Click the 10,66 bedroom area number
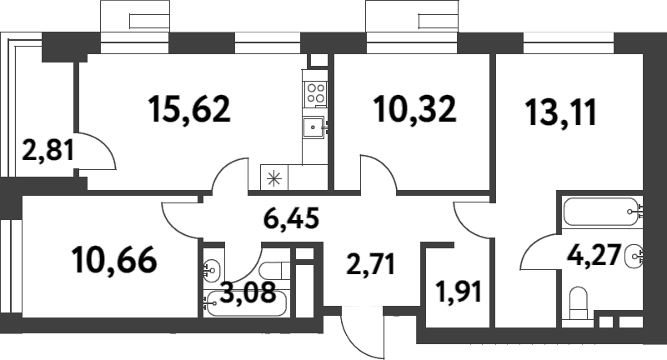click(114, 260)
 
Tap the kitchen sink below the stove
click(315, 127)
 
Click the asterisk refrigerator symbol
click(273, 177)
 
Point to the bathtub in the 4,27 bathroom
click(599, 212)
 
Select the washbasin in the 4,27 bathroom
click(635, 254)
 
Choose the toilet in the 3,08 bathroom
click(274, 272)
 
